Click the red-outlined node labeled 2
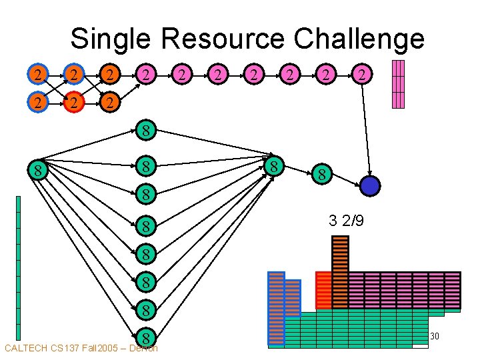tap(75, 103)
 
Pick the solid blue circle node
tap(369, 185)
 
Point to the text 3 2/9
tap(346, 221)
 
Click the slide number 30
tap(434, 336)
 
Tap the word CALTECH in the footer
tap(25, 348)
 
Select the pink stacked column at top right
tap(398, 84)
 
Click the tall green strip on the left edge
tap(19, 267)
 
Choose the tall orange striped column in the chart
tap(340, 272)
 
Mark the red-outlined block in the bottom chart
tap(323, 290)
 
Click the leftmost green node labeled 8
tap(39, 171)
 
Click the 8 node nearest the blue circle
tap(321, 175)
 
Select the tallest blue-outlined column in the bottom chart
tap(276, 309)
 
